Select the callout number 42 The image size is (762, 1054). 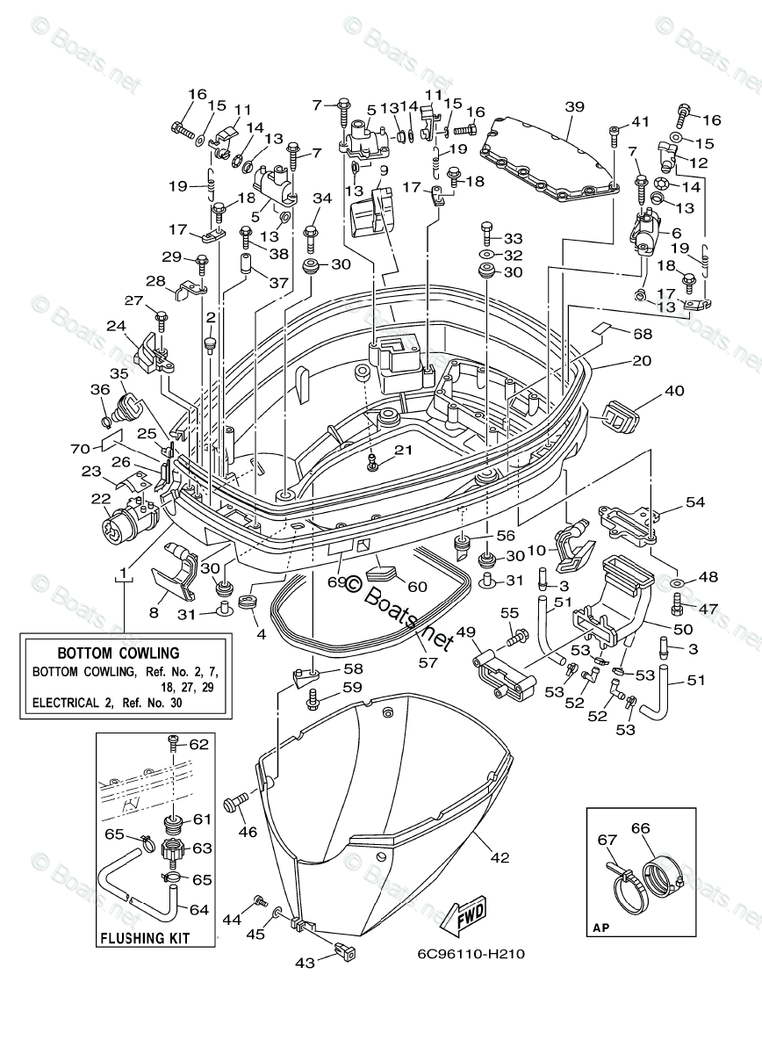(x=500, y=857)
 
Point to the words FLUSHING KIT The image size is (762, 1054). (x=145, y=938)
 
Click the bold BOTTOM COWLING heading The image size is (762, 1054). (x=119, y=653)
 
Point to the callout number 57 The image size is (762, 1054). (x=428, y=662)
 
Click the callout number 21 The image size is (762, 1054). (x=402, y=450)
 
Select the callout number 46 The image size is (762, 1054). (x=247, y=831)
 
